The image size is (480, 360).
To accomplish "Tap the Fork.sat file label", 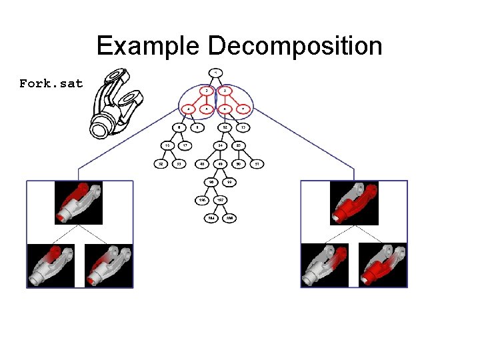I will pyautogui.click(x=51, y=84).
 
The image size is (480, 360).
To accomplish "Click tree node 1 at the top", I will pyautogui.click(x=215, y=72).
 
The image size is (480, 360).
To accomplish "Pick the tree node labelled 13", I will pyautogui.click(x=243, y=127).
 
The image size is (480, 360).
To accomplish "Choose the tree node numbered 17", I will pyautogui.click(x=185, y=145).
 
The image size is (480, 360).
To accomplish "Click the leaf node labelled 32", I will pyautogui.click(x=161, y=163).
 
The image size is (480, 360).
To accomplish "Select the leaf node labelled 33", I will pyautogui.click(x=179, y=163).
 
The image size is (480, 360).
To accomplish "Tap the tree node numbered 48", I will pyautogui.click(x=201, y=163).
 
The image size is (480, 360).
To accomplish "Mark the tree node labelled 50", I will pyautogui.click(x=238, y=163).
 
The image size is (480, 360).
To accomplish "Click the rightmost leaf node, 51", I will pyautogui.click(x=257, y=163).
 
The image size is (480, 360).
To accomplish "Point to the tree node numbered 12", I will pyautogui.click(x=225, y=127).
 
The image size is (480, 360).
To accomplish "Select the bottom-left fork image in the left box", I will pyautogui.click(x=51, y=265).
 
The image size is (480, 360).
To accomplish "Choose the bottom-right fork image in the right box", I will pyautogui.click(x=382, y=265).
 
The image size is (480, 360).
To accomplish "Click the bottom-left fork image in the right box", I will pyautogui.click(x=325, y=265).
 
